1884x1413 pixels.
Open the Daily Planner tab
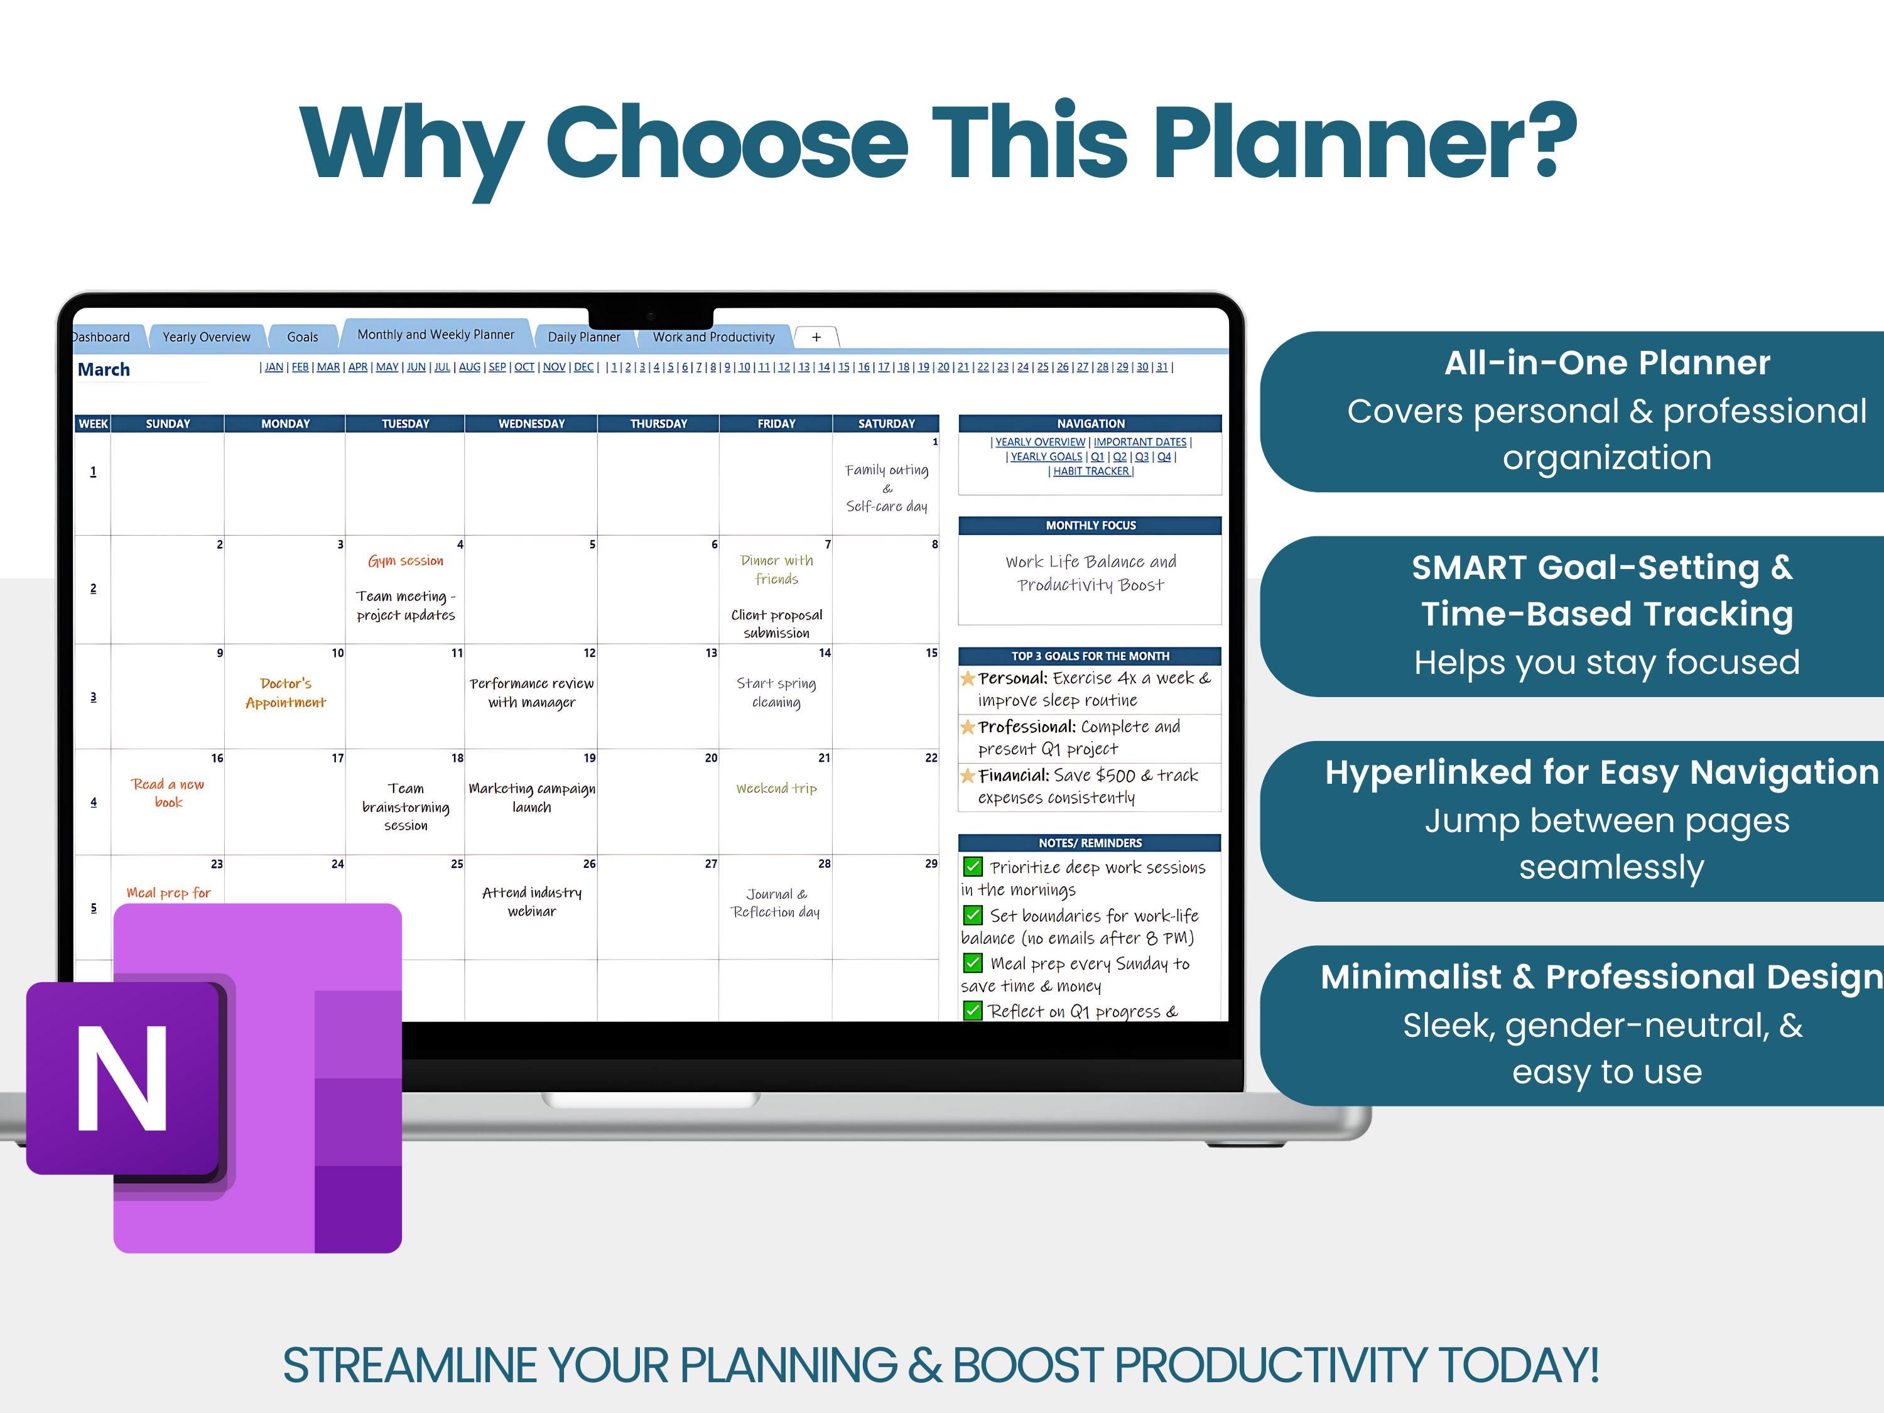(583, 337)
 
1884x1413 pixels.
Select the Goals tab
(302, 337)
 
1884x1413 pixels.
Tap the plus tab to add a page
(816, 337)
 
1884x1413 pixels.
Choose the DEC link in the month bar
(583, 367)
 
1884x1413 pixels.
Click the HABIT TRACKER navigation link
(1090, 471)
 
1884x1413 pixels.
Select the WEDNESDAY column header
(531, 423)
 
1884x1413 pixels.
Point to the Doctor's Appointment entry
(285, 693)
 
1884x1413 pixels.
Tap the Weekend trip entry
(776, 789)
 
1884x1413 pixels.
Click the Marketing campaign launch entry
(531, 797)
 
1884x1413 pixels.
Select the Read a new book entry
(168, 793)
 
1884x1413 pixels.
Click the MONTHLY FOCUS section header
(1090, 526)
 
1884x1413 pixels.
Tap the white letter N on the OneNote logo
(122, 1078)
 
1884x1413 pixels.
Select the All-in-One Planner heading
(1606, 363)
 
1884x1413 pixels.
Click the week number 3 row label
(93, 696)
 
